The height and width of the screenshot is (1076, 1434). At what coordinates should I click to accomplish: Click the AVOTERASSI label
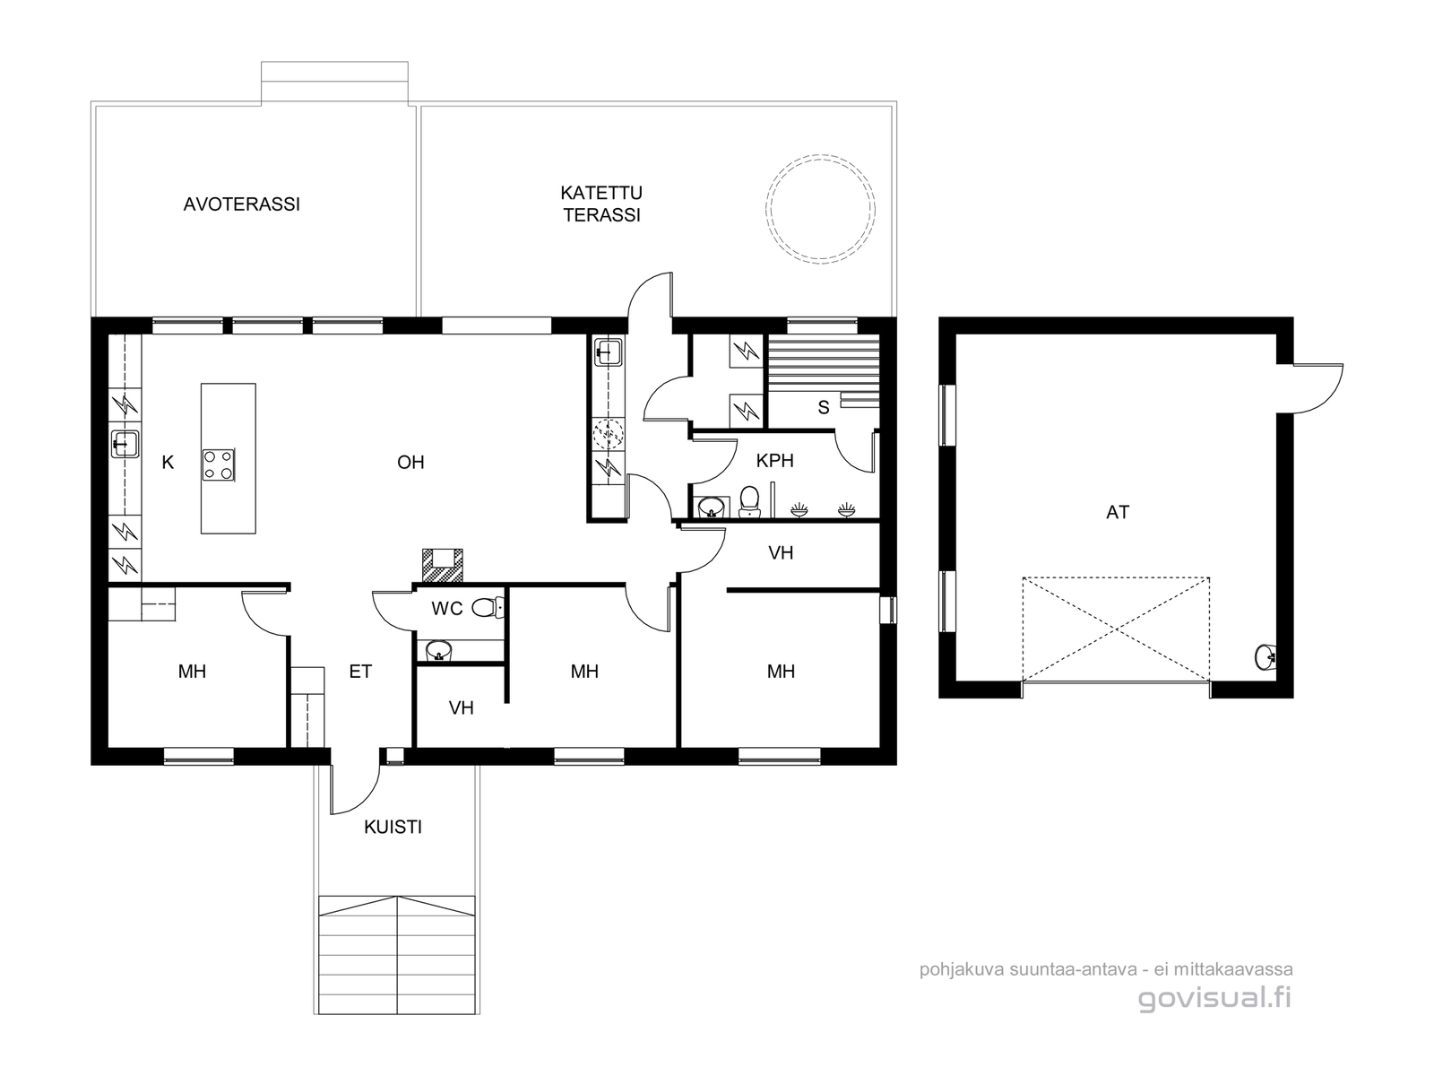tap(241, 204)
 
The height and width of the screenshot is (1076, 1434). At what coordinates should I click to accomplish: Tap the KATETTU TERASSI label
tap(601, 204)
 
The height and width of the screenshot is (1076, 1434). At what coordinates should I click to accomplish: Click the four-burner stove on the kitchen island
tap(218, 465)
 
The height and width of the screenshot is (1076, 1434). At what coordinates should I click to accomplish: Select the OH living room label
tap(410, 463)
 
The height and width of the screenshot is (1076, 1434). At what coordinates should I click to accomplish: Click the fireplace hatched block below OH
tap(443, 566)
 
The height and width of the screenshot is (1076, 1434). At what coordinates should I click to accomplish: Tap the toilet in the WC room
tap(488, 608)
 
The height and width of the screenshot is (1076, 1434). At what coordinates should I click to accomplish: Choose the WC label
tap(447, 609)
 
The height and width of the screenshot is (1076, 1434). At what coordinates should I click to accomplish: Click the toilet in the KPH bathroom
tap(749, 502)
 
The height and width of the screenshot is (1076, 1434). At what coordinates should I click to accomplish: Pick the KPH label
tap(775, 461)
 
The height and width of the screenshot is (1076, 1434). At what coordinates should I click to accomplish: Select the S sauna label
tap(823, 408)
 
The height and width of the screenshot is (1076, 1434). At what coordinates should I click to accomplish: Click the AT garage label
tap(1118, 512)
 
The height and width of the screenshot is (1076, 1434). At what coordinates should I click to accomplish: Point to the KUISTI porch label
tap(393, 827)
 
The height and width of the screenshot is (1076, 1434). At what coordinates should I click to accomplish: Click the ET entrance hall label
tap(360, 672)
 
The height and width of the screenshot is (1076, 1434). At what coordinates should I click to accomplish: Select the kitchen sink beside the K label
tap(125, 444)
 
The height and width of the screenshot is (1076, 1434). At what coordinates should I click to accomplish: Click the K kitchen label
tap(168, 463)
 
